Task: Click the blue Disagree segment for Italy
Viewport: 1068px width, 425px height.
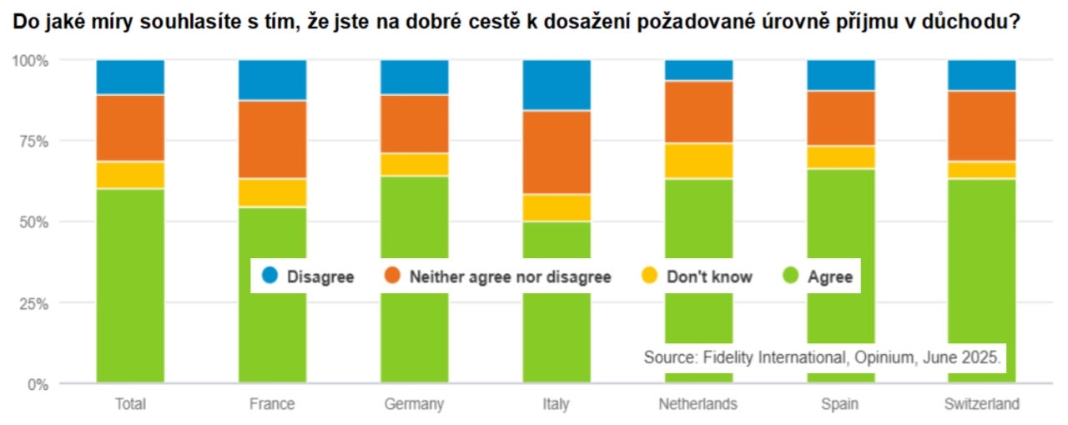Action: [x=557, y=85]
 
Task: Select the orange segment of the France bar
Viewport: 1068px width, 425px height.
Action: [x=273, y=139]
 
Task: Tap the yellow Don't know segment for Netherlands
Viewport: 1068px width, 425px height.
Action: [x=698, y=161]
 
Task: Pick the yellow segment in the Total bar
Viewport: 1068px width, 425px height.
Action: [x=130, y=175]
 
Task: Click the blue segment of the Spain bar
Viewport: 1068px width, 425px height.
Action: [x=840, y=75]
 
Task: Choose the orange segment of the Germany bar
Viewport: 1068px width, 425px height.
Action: [x=415, y=124]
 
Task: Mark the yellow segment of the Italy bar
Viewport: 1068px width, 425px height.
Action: [x=557, y=208]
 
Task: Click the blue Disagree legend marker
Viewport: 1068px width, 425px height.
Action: [x=270, y=276]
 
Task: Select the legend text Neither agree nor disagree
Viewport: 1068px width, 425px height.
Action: [x=510, y=276]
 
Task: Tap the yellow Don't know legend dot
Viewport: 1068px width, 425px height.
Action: [x=650, y=276]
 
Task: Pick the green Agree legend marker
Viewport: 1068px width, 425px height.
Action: [x=790, y=276]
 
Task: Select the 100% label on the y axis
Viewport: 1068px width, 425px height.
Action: [x=29, y=61]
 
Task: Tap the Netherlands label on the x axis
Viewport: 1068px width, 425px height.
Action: [x=698, y=405]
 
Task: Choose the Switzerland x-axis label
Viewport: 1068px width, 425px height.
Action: [x=981, y=405]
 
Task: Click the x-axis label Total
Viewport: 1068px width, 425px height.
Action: [x=130, y=405]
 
